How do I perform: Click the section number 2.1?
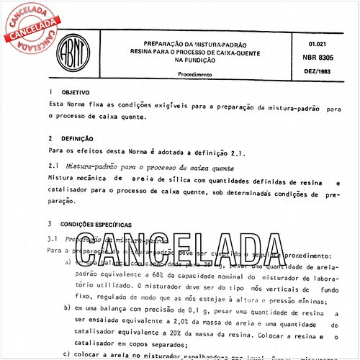(53, 166)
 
